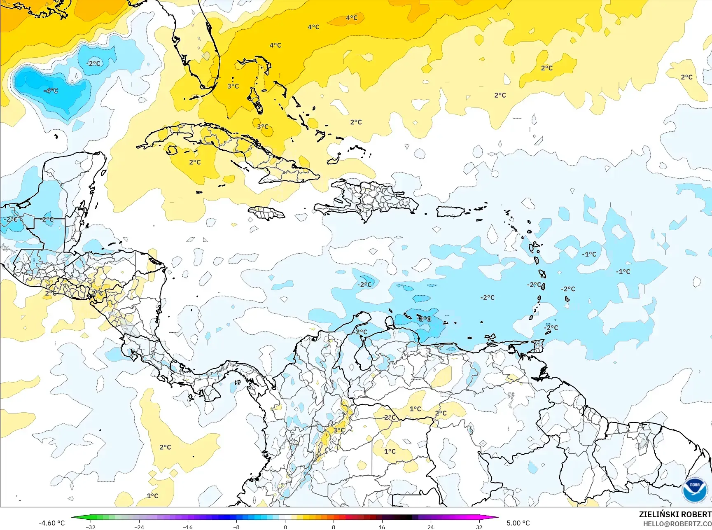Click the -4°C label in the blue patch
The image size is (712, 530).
click(x=51, y=91)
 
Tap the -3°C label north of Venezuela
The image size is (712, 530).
click(x=424, y=319)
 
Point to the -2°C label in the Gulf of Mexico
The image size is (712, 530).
click(x=93, y=63)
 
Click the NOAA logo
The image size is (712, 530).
click(x=694, y=490)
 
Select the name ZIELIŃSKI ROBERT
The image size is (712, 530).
click(x=675, y=514)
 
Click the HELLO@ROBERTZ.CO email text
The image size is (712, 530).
click(x=677, y=523)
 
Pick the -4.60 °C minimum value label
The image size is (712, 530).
click(x=51, y=523)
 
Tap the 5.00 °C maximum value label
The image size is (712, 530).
click(x=518, y=523)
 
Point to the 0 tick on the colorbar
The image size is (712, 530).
click(x=285, y=527)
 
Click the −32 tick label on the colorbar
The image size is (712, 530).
click(x=91, y=527)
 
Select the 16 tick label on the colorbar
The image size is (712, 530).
click(x=382, y=527)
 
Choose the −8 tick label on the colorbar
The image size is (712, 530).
click(x=236, y=527)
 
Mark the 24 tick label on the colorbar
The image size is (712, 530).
click(x=431, y=527)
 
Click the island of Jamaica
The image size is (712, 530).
click(x=266, y=212)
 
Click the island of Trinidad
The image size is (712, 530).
click(x=537, y=346)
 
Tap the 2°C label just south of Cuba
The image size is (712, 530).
click(x=195, y=162)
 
